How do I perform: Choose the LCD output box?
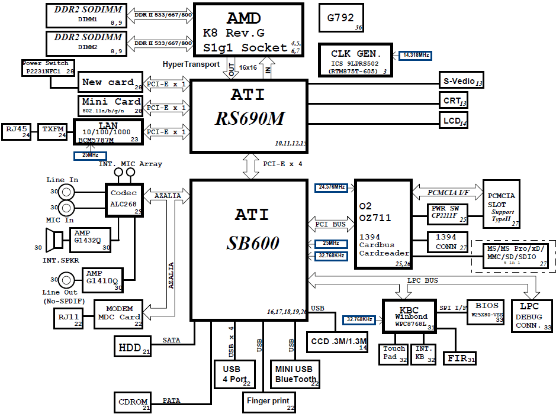[x=454, y=121]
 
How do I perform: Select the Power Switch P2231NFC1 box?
[x=49, y=67]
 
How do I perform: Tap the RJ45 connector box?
[x=17, y=131]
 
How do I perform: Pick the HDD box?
[x=133, y=347]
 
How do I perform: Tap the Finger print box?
[x=269, y=402]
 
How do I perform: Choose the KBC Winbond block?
[x=409, y=320]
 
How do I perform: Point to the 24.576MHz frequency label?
[x=332, y=187]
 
